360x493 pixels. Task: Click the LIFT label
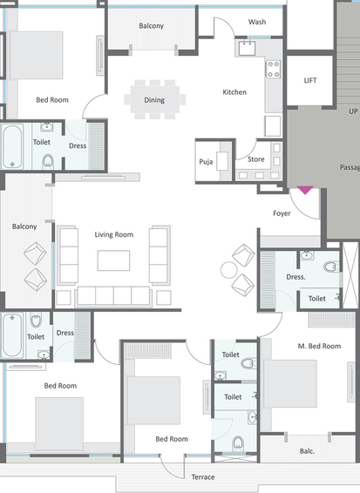point(310,80)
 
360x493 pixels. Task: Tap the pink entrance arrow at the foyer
point(305,190)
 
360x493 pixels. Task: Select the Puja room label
point(206,162)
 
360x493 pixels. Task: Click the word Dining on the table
point(154,100)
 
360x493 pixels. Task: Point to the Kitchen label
point(234,92)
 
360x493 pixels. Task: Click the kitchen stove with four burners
point(273,69)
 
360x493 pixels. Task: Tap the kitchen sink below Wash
point(247,48)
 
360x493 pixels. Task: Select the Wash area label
point(257,22)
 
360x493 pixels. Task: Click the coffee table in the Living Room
point(113,260)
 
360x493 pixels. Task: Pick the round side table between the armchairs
point(228,270)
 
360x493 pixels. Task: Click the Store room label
point(256,159)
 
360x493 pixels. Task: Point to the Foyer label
point(282,213)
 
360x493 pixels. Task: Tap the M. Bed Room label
point(319,346)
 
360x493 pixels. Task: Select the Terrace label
point(203,477)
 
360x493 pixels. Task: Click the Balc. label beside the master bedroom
point(307,451)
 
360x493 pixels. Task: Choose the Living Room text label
point(114,234)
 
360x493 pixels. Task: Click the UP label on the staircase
point(353,111)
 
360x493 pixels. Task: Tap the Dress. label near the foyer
point(295,277)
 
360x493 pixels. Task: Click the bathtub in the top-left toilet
point(12,146)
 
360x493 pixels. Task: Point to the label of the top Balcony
point(152,26)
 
